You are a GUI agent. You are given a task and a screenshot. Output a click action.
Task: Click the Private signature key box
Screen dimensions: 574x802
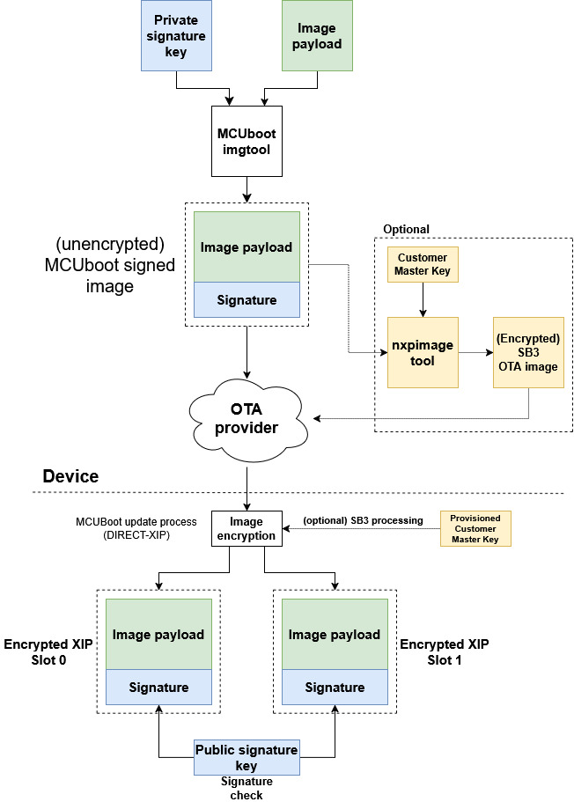[x=176, y=36]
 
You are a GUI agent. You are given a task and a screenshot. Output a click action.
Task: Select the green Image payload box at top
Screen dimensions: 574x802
[x=317, y=36]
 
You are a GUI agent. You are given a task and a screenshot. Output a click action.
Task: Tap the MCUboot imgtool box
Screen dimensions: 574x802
[x=247, y=142]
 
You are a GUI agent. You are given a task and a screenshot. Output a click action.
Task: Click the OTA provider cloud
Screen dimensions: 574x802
[x=247, y=419]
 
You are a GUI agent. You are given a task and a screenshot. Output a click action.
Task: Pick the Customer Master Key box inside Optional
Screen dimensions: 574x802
[x=423, y=264]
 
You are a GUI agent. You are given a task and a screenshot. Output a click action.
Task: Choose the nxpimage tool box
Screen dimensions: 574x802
[x=423, y=352]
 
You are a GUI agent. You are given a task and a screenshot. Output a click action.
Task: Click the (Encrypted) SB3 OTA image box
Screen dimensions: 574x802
[x=528, y=352]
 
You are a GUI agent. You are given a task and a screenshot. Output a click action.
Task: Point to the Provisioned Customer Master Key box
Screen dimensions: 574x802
[x=475, y=529]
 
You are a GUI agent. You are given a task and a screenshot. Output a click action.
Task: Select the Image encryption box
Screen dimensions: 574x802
[x=247, y=529]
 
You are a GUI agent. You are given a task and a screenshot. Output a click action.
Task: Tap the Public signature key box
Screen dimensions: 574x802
[x=247, y=757]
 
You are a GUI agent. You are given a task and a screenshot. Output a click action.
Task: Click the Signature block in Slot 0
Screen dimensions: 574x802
[x=158, y=688]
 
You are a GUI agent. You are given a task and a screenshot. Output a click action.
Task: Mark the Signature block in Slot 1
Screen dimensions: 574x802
[x=335, y=688]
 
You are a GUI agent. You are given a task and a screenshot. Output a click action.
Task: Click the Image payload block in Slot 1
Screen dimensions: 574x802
[x=335, y=634]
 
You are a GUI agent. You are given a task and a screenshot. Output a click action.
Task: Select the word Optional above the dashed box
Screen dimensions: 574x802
[x=406, y=229]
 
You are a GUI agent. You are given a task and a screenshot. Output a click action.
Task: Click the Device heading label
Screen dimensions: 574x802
[x=70, y=476]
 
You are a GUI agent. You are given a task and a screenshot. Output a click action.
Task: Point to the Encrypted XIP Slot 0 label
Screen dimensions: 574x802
[x=48, y=651]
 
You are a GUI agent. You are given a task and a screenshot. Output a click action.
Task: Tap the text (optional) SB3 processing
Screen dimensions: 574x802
[x=364, y=520]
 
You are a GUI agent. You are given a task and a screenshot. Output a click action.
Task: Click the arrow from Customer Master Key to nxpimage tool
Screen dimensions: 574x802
[x=423, y=299]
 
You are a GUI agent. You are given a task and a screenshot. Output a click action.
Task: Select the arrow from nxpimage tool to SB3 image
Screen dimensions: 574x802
[x=475, y=352]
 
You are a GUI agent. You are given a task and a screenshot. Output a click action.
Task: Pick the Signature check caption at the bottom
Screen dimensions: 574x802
[x=247, y=788]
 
